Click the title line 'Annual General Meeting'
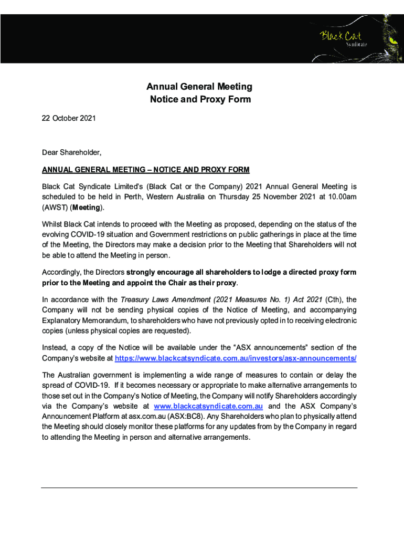coord(199,87)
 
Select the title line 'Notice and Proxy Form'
coord(199,99)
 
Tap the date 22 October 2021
coord(69,119)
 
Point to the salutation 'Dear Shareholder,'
coord(71,152)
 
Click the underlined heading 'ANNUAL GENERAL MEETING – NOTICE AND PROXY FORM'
coord(145,170)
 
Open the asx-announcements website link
coord(235,358)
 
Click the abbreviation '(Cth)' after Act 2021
coord(334,300)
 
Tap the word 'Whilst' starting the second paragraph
coord(52,224)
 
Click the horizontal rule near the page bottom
coord(199,488)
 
